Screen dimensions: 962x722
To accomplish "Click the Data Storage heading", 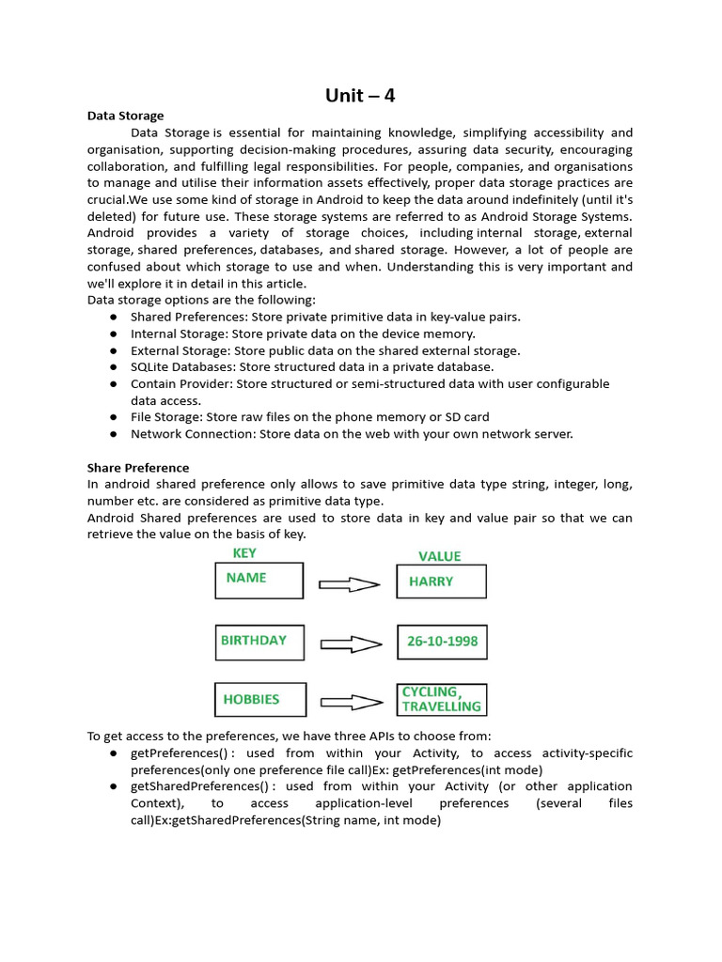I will point(125,116).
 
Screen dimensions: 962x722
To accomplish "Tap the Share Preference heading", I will point(138,467).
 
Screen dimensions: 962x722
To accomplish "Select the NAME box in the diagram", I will point(259,580).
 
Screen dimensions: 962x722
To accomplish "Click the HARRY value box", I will point(441,582).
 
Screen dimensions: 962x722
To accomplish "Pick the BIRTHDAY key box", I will point(259,642).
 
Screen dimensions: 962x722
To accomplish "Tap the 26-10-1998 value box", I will point(442,642).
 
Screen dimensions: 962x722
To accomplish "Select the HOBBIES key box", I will point(259,700).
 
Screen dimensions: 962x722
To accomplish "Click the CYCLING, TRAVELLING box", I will point(442,699).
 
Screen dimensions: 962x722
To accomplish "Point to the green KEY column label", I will point(244,553).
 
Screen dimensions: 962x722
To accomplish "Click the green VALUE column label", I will point(440,555).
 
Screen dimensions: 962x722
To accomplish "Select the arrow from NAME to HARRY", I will point(350,584).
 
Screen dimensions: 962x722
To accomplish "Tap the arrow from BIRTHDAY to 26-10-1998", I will point(351,644).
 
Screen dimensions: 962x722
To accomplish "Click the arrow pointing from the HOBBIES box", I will point(351,702).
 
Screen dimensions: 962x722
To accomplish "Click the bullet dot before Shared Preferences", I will point(113,317).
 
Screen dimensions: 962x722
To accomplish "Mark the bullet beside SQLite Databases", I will point(113,367).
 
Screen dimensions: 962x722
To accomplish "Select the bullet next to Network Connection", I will point(113,434).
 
